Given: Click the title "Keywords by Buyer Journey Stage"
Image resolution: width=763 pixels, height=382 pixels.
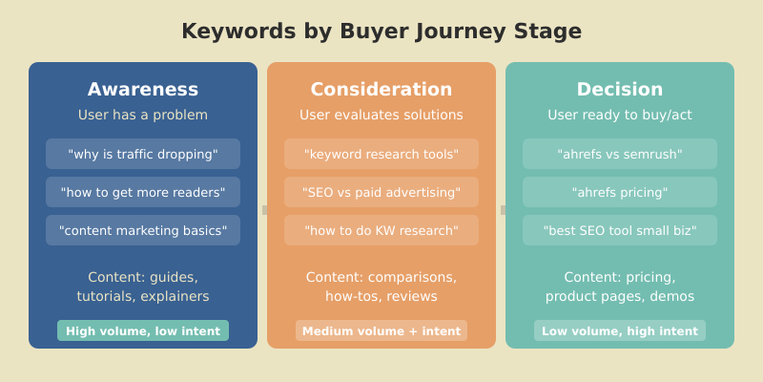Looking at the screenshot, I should click(381, 32).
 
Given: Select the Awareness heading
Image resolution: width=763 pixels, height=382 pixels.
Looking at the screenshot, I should click(143, 89).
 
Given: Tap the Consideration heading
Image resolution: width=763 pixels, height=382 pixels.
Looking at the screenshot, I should click(381, 89).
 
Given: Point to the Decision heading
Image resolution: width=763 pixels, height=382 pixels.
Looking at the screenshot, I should click(620, 89).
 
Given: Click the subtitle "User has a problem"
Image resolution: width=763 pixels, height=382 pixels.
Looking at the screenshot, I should click(143, 115).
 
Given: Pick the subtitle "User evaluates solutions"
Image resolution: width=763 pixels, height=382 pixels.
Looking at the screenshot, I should click(381, 115).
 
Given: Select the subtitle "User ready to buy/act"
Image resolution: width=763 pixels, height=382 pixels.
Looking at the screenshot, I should click(620, 115).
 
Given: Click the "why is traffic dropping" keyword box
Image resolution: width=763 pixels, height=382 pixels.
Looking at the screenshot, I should click(143, 154).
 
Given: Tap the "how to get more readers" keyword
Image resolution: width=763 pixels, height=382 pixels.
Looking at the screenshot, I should click(143, 192).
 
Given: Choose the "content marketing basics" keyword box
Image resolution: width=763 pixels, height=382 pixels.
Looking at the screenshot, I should click(143, 230).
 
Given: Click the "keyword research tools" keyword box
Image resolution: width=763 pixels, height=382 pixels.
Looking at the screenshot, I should click(381, 154).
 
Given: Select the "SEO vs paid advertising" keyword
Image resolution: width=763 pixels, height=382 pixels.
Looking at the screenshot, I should click(381, 192).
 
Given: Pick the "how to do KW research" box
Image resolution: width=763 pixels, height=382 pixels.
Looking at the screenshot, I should click(381, 230).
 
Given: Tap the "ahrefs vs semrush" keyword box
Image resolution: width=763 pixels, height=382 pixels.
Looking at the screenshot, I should click(620, 154).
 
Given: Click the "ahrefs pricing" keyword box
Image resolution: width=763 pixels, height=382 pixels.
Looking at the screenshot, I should click(620, 192).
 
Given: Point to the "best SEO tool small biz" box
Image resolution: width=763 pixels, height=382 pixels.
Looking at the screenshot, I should click(620, 230).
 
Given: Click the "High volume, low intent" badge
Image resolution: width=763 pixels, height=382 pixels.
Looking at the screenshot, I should click(143, 331).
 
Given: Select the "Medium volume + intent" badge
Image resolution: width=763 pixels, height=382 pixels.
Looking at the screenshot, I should click(381, 331).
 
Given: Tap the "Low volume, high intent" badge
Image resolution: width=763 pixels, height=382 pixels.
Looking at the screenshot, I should click(620, 331).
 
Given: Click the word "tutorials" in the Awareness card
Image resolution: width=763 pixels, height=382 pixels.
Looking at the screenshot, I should click(107, 296).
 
